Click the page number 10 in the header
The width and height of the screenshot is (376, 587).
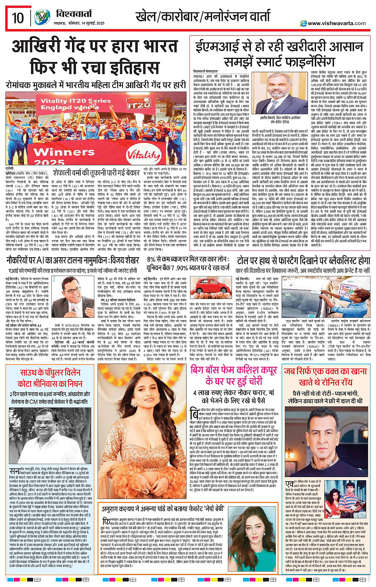pyautogui.click(x=18, y=18)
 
